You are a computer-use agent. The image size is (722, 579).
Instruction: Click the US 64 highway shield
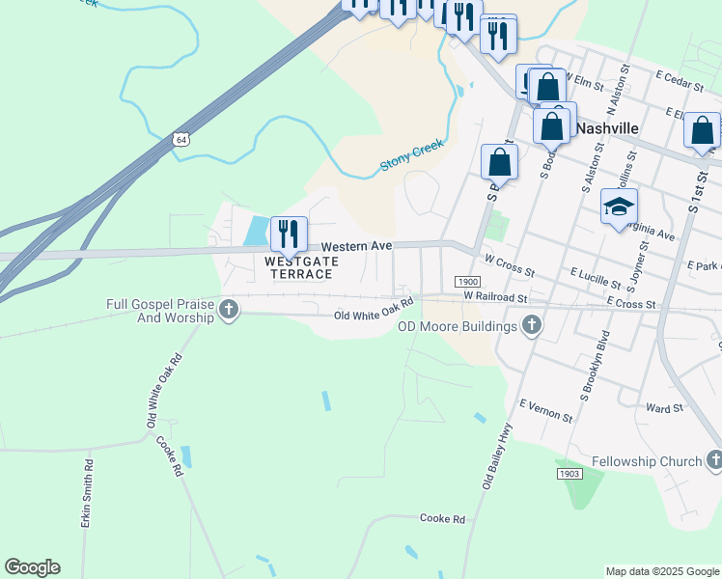coord(181,140)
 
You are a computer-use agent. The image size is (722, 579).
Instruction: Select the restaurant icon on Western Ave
coord(289,234)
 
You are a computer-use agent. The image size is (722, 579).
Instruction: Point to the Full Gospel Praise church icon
coord(229,310)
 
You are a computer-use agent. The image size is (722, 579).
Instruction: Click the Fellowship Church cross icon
coord(713,460)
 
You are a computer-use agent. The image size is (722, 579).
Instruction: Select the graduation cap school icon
coord(619,207)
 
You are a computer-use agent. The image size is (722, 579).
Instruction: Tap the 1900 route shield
coord(463,281)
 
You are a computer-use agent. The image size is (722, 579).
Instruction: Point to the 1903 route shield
coord(568,474)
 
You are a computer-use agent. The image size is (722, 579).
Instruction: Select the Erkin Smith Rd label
coord(87,492)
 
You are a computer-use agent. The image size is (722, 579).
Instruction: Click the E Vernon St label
coord(545,410)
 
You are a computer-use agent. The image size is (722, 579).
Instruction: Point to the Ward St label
coord(664,409)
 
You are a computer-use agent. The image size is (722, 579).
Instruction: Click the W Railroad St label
coord(495,296)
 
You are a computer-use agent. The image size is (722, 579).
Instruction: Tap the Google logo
coord(32,567)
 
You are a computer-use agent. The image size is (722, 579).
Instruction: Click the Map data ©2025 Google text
coord(661,571)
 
